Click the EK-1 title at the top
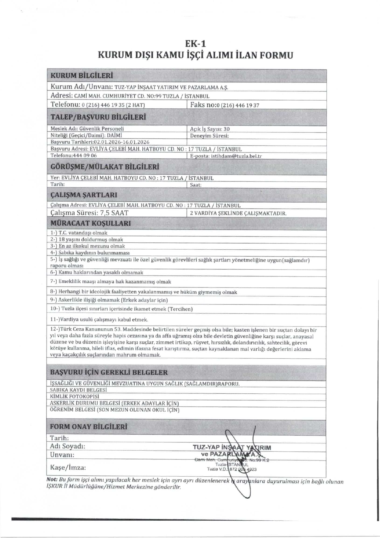pos(195,44)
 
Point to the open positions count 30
pos(227,129)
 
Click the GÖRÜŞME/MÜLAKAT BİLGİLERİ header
pos(105,167)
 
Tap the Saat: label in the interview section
pos(196,185)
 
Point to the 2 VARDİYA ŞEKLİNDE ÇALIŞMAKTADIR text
pos(238,213)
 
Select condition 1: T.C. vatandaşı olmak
pos(79,233)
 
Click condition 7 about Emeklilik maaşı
pos(110,282)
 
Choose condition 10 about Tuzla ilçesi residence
pos(121,309)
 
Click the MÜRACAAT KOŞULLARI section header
pos(91,223)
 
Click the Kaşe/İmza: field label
pos(68,467)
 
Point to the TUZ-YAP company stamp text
pos(232,447)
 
